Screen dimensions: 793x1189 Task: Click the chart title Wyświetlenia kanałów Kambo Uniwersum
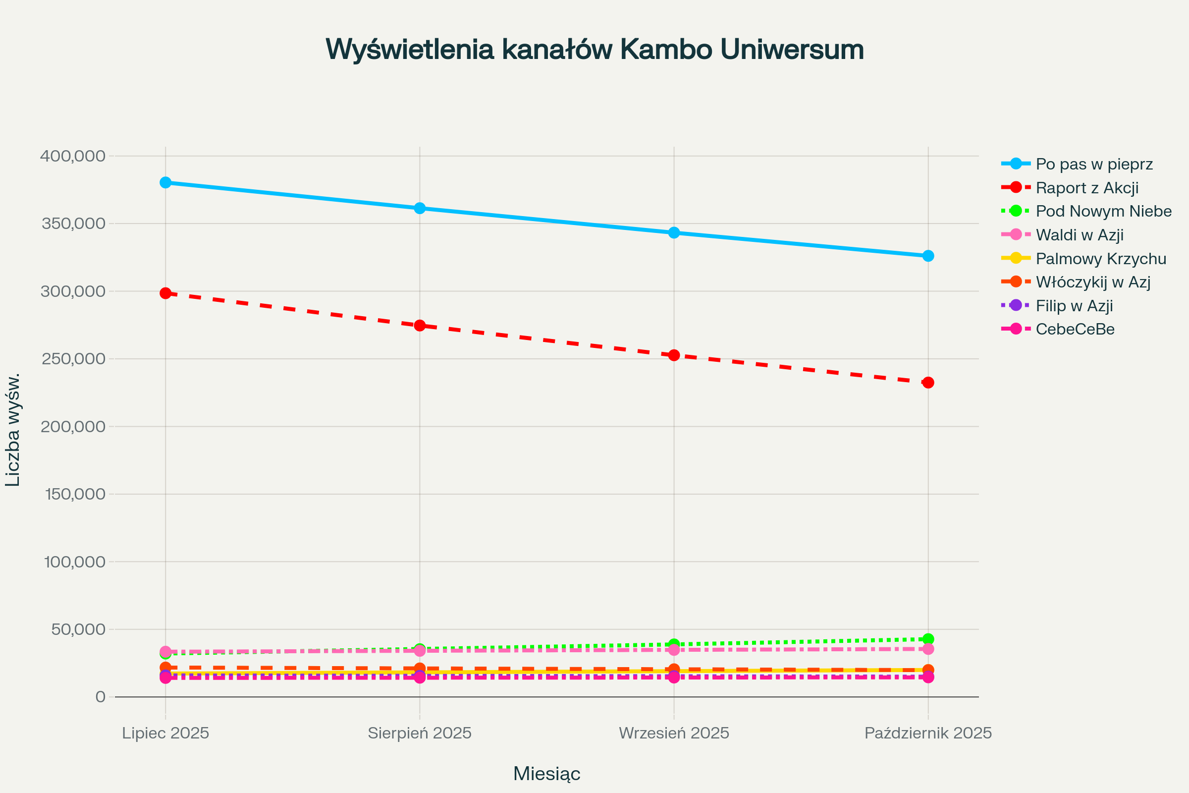tap(594, 50)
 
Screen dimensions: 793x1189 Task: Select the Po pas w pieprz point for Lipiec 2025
tap(165, 182)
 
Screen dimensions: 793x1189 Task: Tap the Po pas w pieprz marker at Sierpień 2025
tap(420, 208)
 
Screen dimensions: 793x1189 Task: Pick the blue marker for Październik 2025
tap(928, 256)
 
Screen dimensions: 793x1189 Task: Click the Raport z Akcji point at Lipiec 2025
tap(165, 293)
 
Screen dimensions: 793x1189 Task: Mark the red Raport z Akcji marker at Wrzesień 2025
tap(674, 355)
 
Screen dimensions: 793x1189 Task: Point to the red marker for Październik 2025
tap(928, 382)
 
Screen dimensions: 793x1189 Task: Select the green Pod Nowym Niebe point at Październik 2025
tap(928, 639)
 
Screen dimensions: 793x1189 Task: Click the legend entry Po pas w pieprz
tap(1094, 164)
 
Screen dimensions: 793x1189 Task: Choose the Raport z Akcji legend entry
tap(1087, 188)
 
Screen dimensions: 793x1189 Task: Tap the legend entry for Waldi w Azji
tap(1080, 234)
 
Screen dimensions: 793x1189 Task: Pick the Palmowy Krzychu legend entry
tap(1100, 258)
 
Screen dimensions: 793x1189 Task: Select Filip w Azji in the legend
tap(1074, 305)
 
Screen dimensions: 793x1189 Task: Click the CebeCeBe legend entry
tap(1075, 329)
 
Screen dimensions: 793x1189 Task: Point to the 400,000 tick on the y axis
tap(73, 156)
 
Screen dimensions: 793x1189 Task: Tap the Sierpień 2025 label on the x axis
tap(420, 733)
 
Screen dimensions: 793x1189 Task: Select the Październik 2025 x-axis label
tap(928, 733)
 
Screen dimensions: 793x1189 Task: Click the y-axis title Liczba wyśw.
tap(13, 430)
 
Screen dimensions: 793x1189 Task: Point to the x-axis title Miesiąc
tap(546, 774)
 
